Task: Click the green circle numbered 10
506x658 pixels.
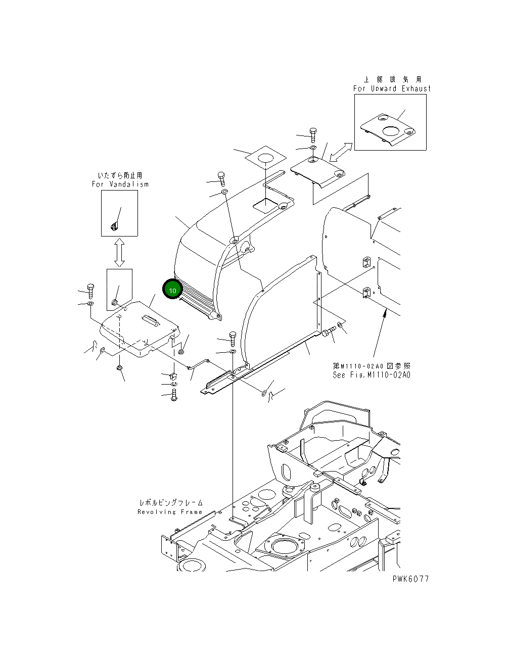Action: tap(172, 290)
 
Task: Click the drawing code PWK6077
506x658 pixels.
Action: tap(410, 579)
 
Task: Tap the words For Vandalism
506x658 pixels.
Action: tap(120, 184)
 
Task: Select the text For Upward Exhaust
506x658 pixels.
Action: tap(392, 88)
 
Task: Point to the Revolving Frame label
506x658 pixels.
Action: tap(170, 512)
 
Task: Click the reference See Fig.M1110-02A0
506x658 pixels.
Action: tap(372, 375)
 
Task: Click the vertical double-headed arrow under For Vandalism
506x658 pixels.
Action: tap(119, 252)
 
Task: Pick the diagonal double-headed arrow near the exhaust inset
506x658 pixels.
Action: tap(340, 151)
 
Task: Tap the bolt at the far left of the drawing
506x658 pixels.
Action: tap(90, 290)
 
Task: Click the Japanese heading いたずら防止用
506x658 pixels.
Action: tap(120, 175)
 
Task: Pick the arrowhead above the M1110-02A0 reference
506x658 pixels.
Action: tap(386, 314)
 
